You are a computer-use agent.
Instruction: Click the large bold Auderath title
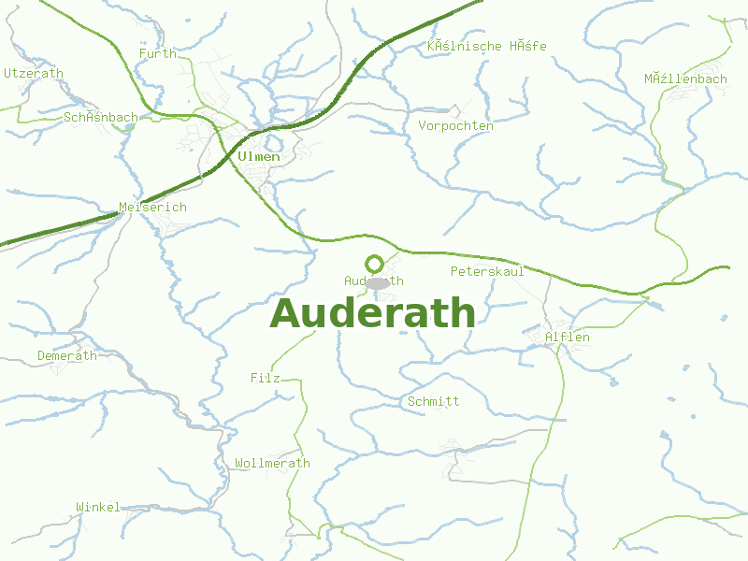(372, 313)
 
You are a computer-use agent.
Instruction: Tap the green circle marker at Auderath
(374, 264)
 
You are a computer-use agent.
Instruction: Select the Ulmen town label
(259, 157)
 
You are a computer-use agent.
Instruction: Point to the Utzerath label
(34, 73)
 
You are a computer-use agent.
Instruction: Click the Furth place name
(157, 54)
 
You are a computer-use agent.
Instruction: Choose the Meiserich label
(152, 208)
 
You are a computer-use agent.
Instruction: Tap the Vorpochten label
(455, 126)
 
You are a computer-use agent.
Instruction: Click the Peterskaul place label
(487, 272)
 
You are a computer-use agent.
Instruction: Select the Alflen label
(567, 338)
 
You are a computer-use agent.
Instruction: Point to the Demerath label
(66, 356)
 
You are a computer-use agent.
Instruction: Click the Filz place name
(266, 379)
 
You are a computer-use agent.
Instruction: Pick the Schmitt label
(434, 402)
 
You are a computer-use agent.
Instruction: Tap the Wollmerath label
(272, 464)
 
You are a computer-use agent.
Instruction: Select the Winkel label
(98, 508)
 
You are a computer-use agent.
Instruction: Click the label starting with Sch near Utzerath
(101, 118)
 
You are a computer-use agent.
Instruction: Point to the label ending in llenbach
(685, 79)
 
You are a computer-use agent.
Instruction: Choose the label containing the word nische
(486, 47)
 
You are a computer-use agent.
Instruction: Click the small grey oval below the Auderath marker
(377, 282)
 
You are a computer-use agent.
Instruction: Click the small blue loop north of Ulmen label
(273, 143)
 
